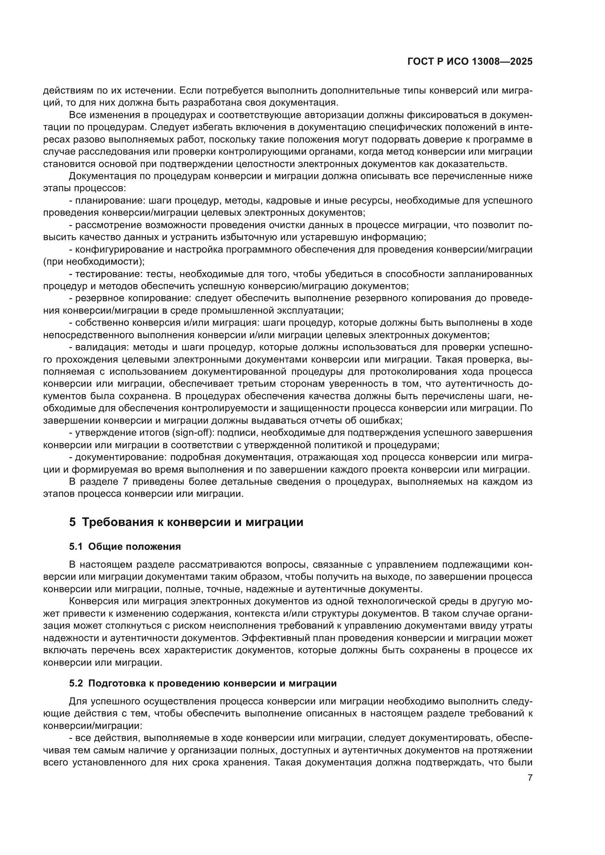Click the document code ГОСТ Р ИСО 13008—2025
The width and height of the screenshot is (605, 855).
pos(470,62)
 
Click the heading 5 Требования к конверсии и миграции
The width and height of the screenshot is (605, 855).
pos(186,522)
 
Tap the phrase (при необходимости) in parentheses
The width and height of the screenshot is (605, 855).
pos(94,262)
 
